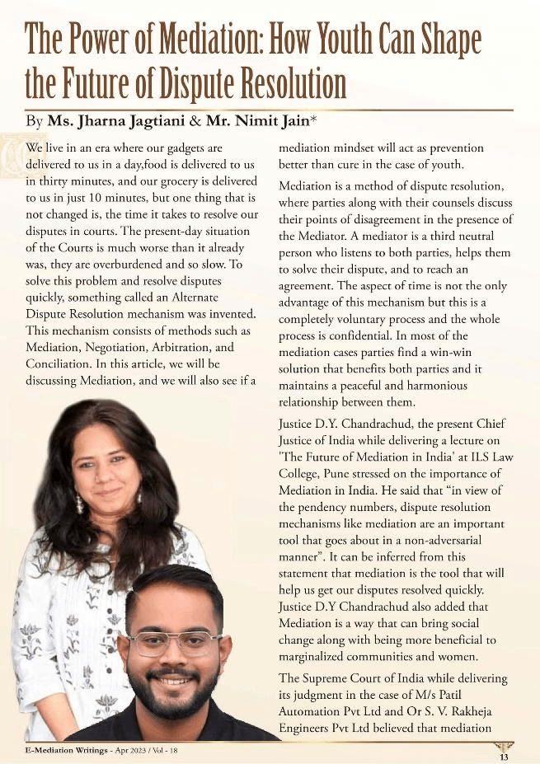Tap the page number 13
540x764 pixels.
tap(503, 756)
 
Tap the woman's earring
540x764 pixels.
tap(80, 502)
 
